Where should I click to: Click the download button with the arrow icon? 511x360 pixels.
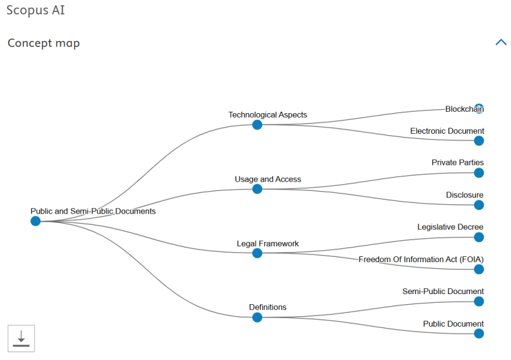(x=21, y=339)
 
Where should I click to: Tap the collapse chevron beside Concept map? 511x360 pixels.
(x=501, y=43)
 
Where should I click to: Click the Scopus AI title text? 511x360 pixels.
(x=35, y=10)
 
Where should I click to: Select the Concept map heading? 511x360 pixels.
(x=44, y=43)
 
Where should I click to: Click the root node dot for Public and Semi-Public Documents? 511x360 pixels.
(x=35, y=221)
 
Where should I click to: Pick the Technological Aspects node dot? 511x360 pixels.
(x=257, y=125)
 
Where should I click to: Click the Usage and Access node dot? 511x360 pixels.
(x=257, y=189)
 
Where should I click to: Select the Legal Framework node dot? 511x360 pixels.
(x=257, y=253)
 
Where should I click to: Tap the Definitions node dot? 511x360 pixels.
(x=257, y=317)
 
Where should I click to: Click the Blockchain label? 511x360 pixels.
(x=464, y=109)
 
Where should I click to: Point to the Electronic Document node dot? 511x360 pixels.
(x=479, y=141)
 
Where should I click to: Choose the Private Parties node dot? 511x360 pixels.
(x=479, y=173)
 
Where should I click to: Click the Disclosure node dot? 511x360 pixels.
(x=479, y=205)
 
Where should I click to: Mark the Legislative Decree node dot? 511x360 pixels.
(x=479, y=237)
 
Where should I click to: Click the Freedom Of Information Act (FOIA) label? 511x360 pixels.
(x=421, y=260)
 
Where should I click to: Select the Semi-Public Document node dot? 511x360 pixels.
(x=479, y=301)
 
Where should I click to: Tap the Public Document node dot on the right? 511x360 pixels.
(x=479, y=333)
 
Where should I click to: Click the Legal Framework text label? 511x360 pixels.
(x=267, y=244)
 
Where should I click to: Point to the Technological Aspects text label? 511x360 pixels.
(x=267, y=114)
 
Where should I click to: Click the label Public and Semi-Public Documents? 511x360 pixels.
(x=93, y=211)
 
